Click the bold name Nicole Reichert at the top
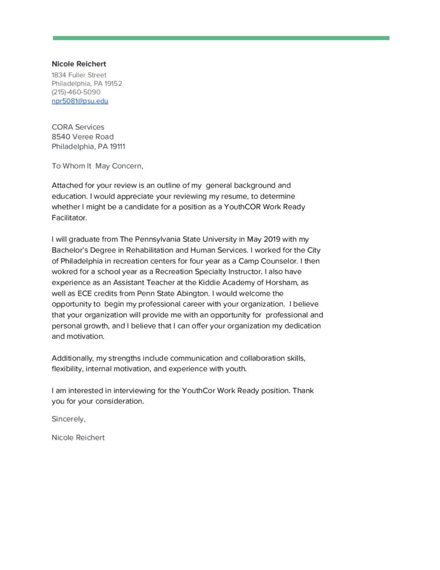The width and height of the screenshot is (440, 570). (x=78, y=64)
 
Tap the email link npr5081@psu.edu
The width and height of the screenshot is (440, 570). (x=80, y=101)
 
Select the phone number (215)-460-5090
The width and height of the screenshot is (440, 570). (x=76, y=92)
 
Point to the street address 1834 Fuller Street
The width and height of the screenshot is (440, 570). (x=79, y=75)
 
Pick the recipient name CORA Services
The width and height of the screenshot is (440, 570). (x=77, y=127)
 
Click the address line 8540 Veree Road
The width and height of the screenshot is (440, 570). (x=82, y=136)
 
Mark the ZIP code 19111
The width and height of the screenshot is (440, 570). (x=116, y=146)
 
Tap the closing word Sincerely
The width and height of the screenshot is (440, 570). (x=68, y=419)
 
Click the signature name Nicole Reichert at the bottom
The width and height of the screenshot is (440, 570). (x=78, y=438)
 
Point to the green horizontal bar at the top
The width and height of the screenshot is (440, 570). (x=221, y=38)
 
